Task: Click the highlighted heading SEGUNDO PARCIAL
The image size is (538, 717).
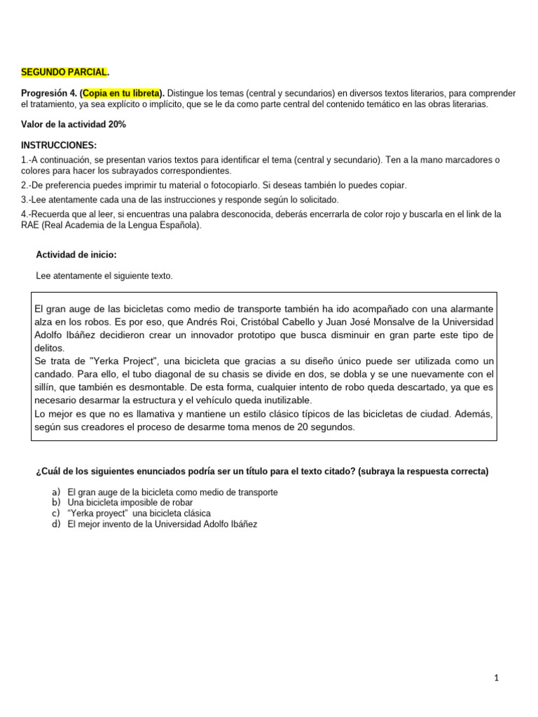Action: pyautogui.click(x=64, y=72)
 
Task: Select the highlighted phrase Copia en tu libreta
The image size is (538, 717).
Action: pyautogui.click(x=122, y=93)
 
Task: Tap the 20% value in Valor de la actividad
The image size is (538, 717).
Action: pyautogui.click(x=116, y=125)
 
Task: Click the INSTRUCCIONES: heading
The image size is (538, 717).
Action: pyautogui.click(x=59, y=145)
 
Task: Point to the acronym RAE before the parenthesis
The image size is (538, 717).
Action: pyautogui.click(x=32, y=225)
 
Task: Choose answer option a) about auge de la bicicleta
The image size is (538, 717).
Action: pyautogui.click(x=172, y=492)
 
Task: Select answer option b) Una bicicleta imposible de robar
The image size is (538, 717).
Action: pyautogui.click(x=130, y=503)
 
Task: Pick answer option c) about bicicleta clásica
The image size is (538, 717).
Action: pyautogui.click(x=139, y=513)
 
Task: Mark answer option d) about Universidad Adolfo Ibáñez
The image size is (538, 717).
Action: pyautogui.click(x=162, y=524)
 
